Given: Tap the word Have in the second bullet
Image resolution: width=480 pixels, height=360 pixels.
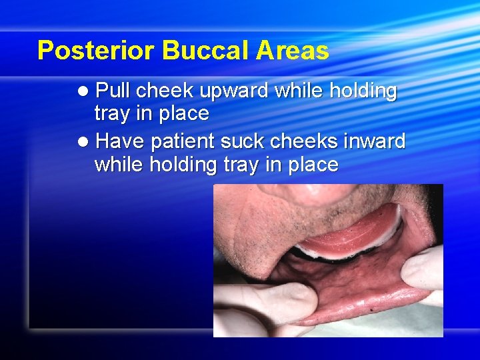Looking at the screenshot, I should tap(121, 141).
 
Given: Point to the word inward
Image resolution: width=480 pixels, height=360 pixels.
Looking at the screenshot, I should tap(376, 141).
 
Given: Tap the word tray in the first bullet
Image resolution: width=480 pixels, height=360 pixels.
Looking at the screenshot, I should tap(112, 114).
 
